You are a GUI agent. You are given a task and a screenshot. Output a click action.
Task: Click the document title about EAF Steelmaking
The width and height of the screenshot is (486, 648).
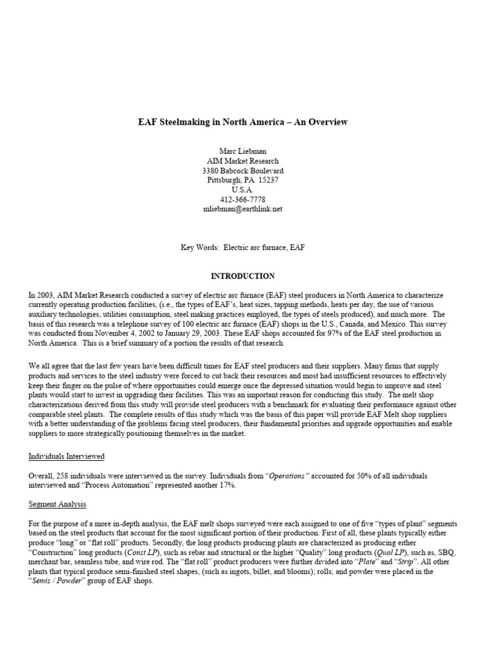pos(243,122)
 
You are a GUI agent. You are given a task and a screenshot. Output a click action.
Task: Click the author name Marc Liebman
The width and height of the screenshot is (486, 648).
pos(243,151)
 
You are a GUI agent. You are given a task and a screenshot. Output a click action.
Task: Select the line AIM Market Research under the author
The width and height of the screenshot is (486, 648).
pos(243,161)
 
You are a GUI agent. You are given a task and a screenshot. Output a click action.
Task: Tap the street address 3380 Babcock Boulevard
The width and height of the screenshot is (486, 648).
pos(243,171)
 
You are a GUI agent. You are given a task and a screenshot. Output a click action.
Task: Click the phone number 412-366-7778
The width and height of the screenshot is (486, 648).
pos(243,199)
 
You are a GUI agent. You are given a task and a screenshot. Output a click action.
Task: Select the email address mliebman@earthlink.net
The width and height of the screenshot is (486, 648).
pos(243,209)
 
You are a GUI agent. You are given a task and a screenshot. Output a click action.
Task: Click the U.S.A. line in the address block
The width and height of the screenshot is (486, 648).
pos(243,190)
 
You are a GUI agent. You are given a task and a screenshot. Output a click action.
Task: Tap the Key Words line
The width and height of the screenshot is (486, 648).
pos(243,247)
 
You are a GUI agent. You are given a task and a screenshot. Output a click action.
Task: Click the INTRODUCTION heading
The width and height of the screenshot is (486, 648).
pos(243,277)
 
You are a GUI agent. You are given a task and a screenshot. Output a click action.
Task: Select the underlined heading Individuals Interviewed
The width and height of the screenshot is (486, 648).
pos(66,456)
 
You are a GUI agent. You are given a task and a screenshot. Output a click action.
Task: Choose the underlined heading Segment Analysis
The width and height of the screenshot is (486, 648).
pos(57,504)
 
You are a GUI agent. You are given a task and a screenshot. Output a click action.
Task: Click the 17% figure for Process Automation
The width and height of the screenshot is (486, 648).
pos(206,485)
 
